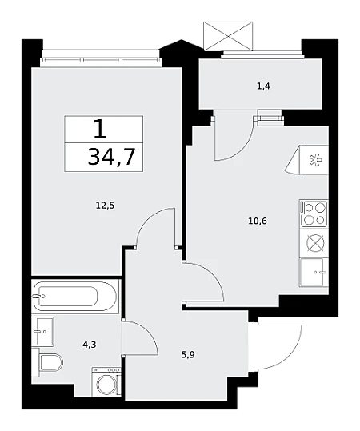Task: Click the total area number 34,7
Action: [111, 157]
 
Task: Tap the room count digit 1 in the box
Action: [99, 129]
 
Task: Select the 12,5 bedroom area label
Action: [105, 205]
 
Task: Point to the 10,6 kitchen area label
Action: [258, 221]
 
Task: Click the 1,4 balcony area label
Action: [263, 86]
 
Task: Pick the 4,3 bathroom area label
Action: [90, 345]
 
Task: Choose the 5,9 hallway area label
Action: [188, 355]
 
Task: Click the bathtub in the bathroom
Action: [75, 297]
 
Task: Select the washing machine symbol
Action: [106, 381]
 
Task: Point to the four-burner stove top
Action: [314, 214]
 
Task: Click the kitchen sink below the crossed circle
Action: [314, 273]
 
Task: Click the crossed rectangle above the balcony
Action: [228, 36]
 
